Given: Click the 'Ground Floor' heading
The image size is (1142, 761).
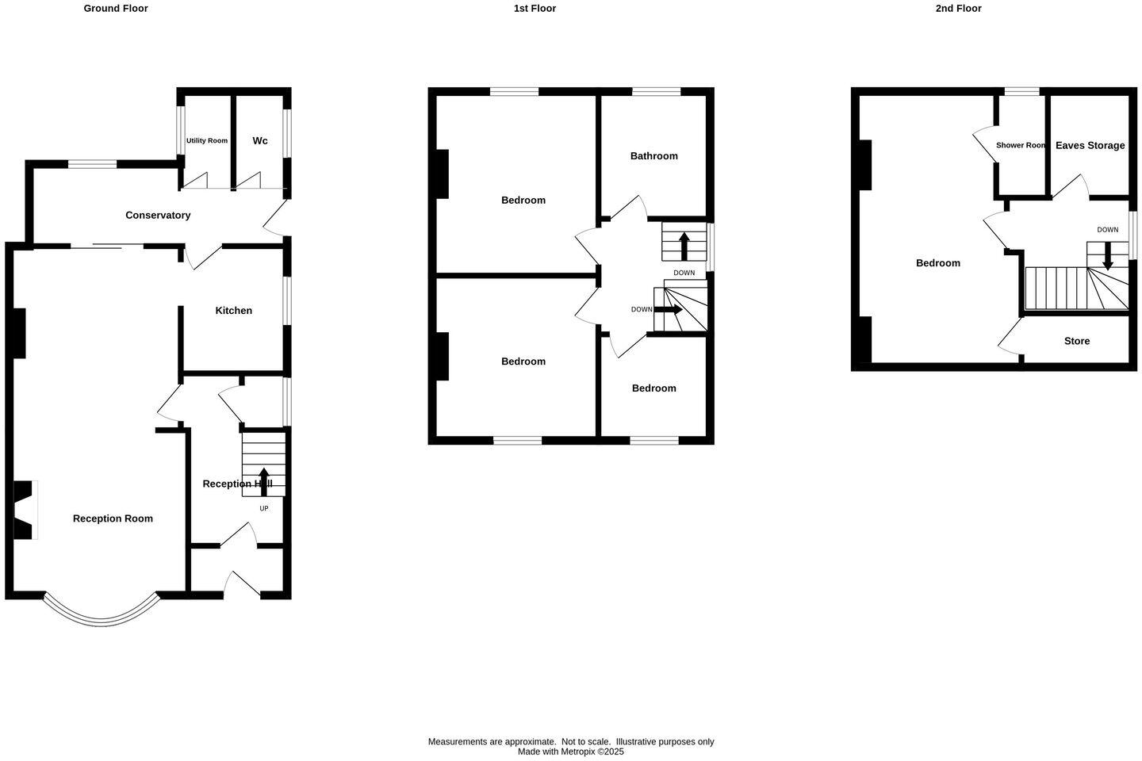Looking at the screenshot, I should coord(116,9).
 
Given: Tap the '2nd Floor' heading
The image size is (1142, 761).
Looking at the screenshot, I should coord(958,9).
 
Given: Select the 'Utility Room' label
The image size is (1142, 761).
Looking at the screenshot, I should coord(207,141).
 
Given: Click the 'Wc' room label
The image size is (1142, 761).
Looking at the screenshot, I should coord(260,141).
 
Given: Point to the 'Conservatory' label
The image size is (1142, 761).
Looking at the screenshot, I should coord(158,216).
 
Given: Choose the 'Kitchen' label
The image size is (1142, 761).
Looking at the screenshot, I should coord(234,311).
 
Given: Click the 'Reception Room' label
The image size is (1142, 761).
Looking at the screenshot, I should coord(113,518).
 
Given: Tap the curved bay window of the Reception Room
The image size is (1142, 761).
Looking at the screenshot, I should coord(101,614).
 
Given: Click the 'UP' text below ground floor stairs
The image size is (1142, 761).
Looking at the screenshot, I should coord(264,508).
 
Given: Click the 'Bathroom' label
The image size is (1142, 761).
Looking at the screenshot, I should coord(654,156).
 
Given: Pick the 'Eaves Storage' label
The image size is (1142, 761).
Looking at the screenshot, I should coord(1090,146).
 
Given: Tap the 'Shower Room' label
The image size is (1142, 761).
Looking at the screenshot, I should coord(1021,146).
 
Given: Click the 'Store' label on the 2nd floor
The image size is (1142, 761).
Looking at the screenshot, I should coord(1077,341).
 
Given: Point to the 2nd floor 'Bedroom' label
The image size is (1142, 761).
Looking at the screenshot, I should coord(938,263).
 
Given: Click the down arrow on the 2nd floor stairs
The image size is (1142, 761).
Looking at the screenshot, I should coord(1108,254).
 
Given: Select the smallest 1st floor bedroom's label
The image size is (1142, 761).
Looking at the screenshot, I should coord(654,388).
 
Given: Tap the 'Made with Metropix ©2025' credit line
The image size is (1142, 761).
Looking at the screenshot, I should coord(571,751).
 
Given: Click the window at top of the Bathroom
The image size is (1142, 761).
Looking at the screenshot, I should coord(656,92).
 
